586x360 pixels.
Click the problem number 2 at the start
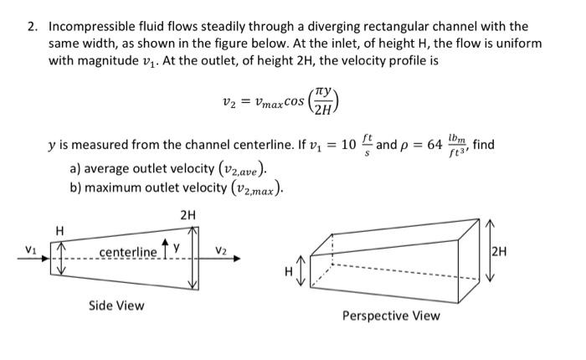coord(31,27)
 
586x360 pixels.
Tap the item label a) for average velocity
coord(76,167)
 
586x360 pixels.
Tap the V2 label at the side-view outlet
coord(220,249)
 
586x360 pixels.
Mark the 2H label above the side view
coord(188,215)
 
